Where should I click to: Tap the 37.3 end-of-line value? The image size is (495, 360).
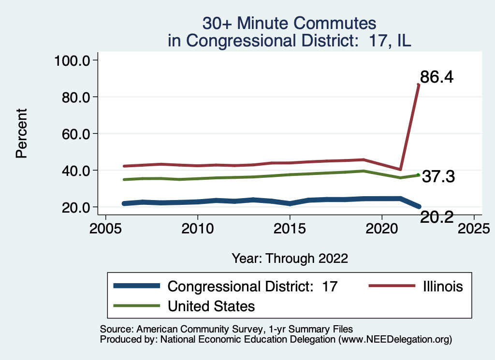(x=438, y=177)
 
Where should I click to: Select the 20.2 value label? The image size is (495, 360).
(x=437, y=217)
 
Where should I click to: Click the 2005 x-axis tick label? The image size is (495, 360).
(x=105, y=228)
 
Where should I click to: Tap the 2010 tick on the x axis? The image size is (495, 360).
(x=197, y=228)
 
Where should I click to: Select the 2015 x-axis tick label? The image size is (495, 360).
(x=290, y=228)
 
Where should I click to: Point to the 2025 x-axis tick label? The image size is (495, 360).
(x=473, y=228)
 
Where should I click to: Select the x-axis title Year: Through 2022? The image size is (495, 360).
(x=290, y=258)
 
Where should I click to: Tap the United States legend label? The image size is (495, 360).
(x=211, y=306)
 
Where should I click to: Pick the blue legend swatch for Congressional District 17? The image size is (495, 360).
(x=137, y=286)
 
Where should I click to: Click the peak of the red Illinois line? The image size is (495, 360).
(x=418, y=85)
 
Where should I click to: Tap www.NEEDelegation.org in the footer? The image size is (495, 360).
(x=395, y=340)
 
